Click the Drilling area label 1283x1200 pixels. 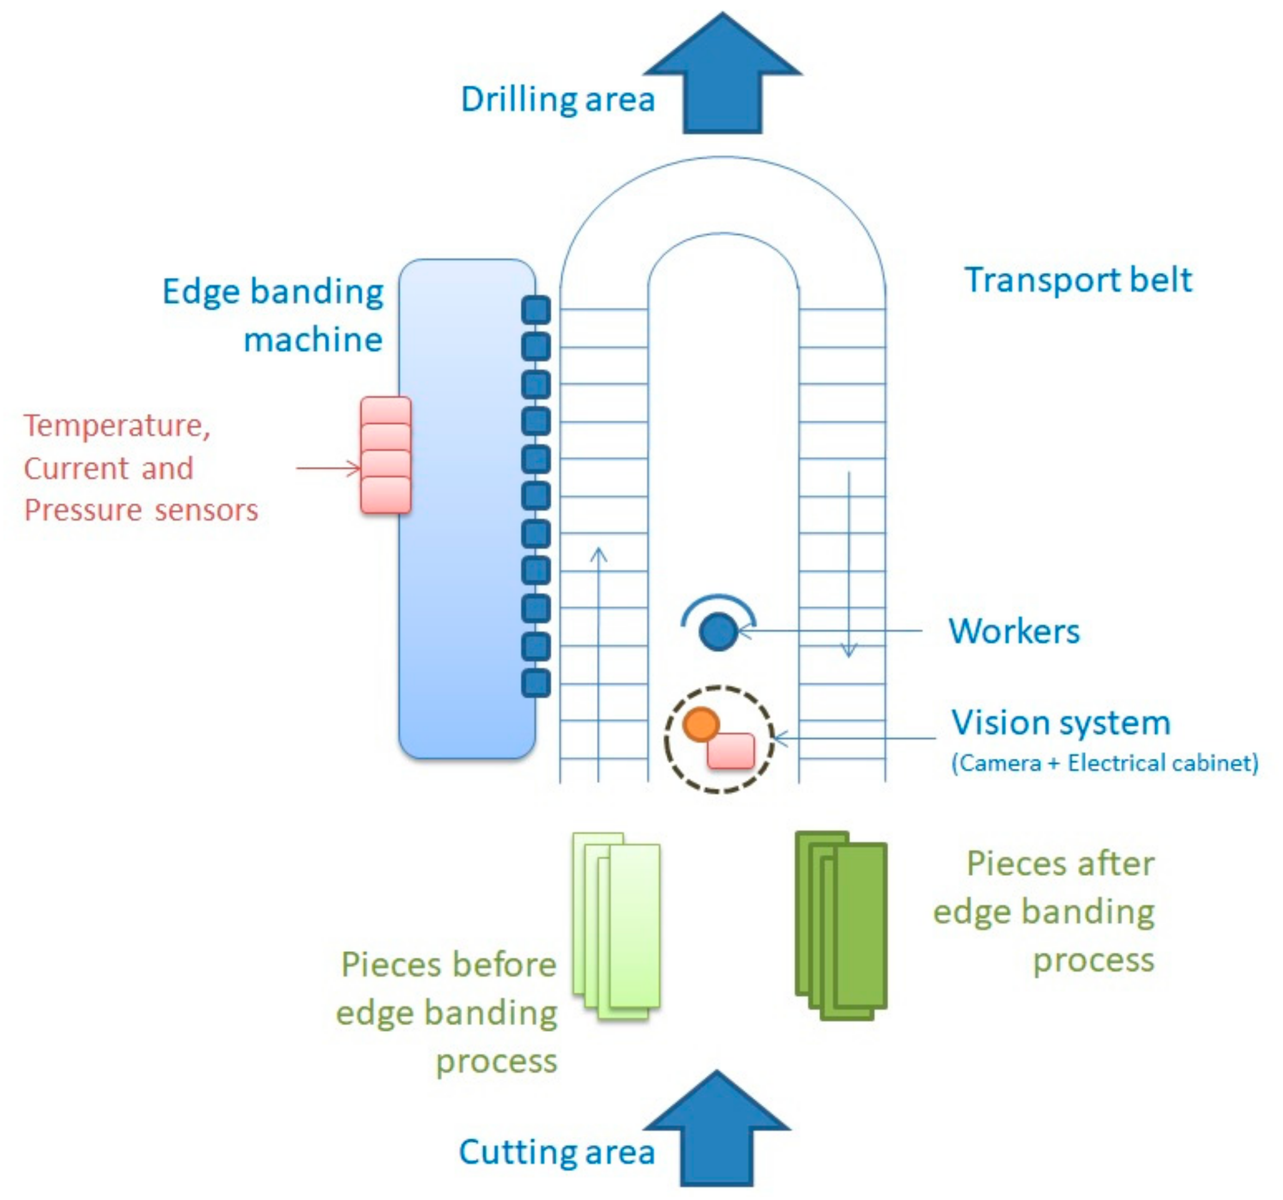[558, 100]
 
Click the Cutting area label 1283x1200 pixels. [556, 1152]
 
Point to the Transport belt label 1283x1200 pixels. [1078, 280]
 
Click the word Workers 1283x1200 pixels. [1014, 631]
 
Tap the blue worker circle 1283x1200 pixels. [718, 631]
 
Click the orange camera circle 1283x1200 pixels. [701, 724]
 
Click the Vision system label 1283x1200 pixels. [1060, 723]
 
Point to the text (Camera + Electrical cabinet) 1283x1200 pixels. [1104, 763]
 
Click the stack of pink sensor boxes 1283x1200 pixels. [385, 455]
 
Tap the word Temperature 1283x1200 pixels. [117, 426]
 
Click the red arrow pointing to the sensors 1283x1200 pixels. [328, 468]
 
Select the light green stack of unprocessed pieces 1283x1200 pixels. [616, 926]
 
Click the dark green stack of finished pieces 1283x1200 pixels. [841, 926]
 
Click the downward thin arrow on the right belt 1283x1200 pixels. [849, 568]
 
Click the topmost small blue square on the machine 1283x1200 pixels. [536, 310]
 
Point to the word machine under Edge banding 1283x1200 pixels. [313, 340]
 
